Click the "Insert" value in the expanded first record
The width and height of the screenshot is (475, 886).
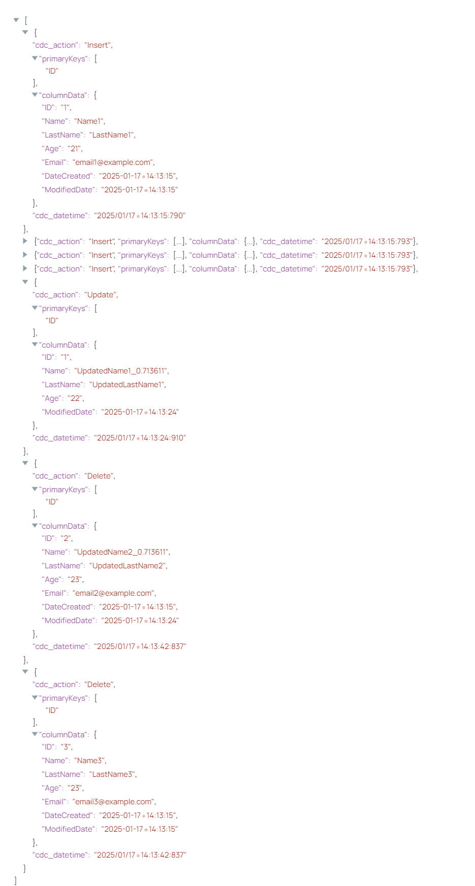tap(98, 45)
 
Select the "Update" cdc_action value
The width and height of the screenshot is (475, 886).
tap(101, 295)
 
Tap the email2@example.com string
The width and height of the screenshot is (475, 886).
tap(113, 593)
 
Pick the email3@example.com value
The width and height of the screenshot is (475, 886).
tap(113, 802)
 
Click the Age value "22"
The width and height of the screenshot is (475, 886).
tap(75, 398)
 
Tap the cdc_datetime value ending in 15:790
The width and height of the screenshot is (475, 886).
tap(140, 216)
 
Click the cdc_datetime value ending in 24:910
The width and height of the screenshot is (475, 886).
tap(140, 438)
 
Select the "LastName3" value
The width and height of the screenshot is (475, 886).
tap(112, 774)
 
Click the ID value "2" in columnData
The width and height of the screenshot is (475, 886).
tap(66, 538)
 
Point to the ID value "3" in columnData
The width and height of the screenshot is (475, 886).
tap(66, 747)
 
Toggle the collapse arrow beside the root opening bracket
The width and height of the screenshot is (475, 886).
tap(16, 20)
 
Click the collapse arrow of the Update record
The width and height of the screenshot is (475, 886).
tap(25, 282)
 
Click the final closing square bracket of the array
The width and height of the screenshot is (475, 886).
tap(16, 880)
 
